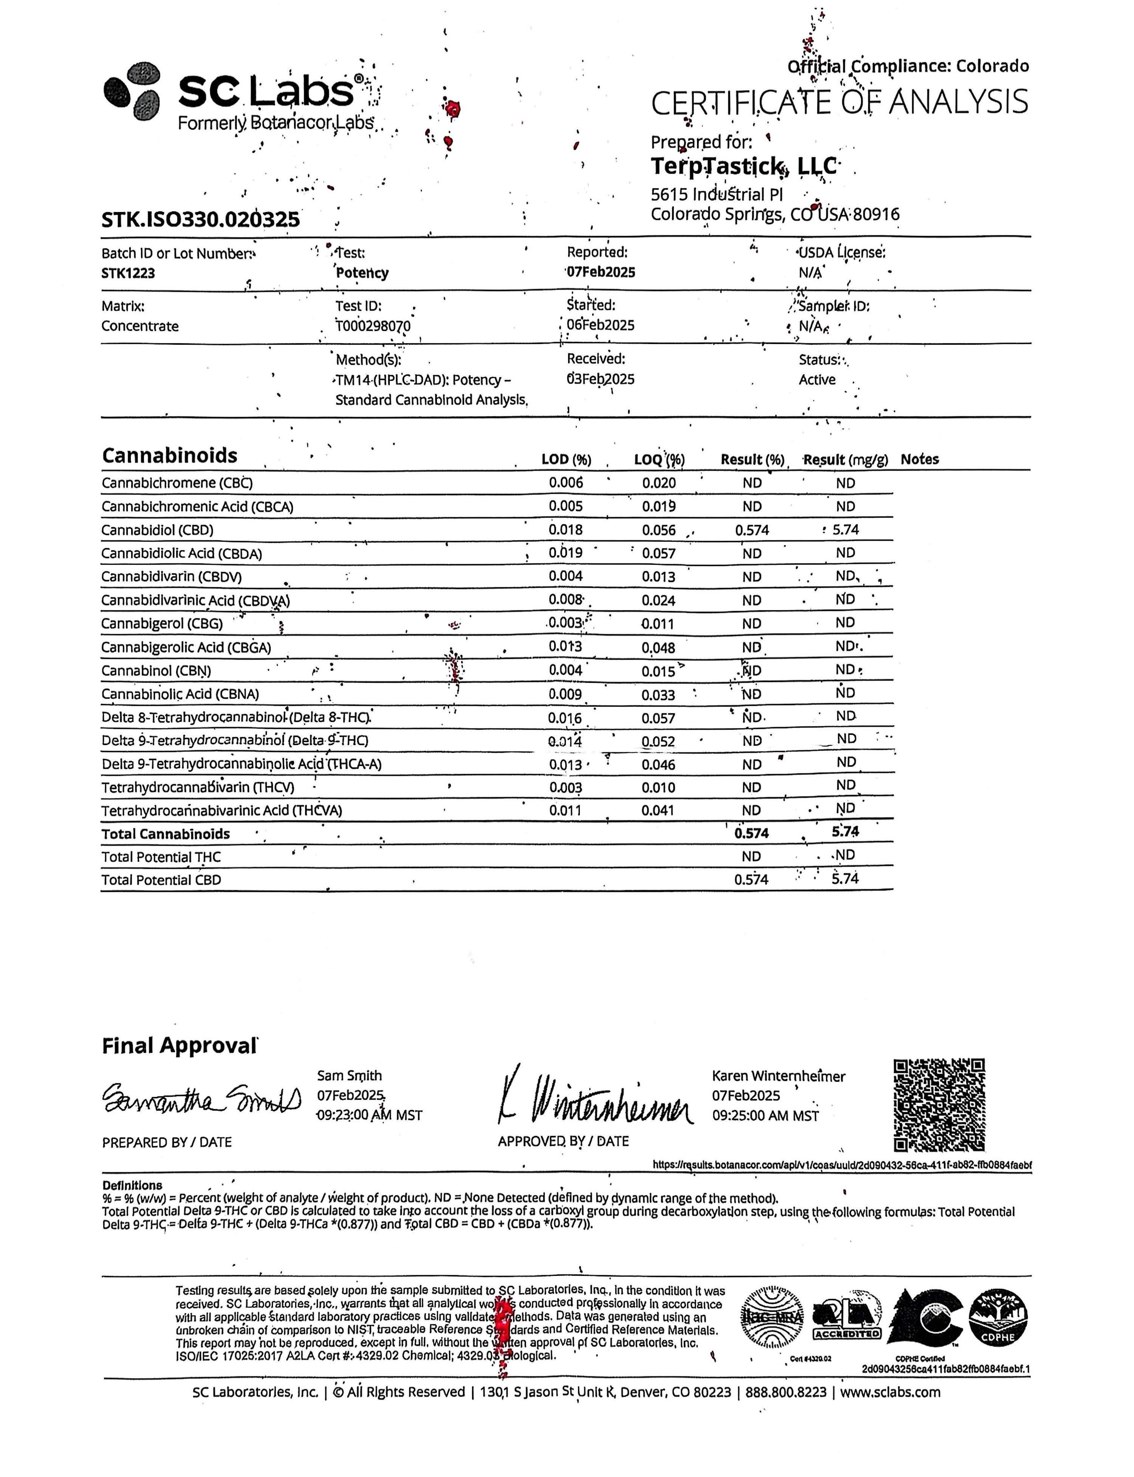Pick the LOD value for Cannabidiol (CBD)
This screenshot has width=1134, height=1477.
[565, 530]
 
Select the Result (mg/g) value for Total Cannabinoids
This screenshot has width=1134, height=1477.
[845, 832]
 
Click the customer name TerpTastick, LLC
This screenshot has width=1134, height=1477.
[744, 166]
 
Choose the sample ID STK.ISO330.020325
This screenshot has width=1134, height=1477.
[200, 219]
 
